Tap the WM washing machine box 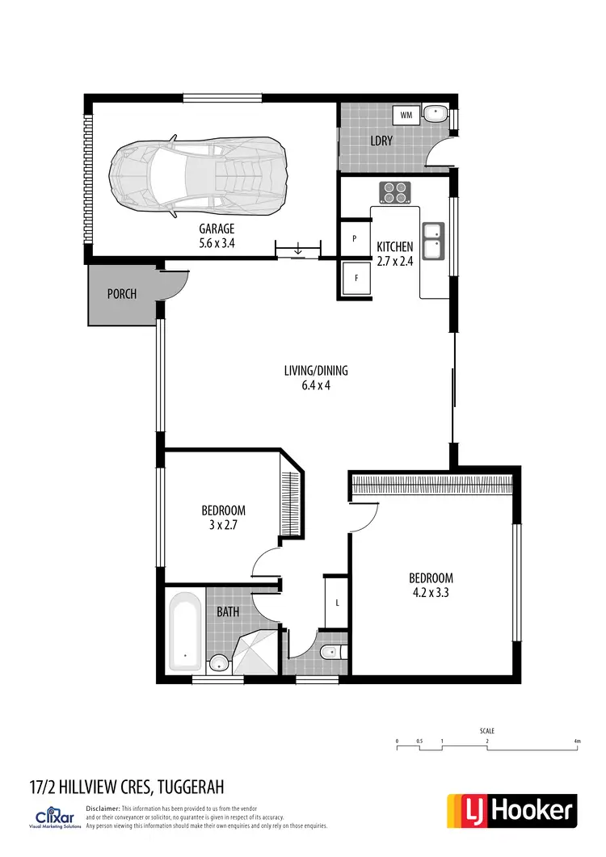point(406,115)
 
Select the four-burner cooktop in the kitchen point(395,191)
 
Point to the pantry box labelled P point(355,239)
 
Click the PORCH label point(122,294)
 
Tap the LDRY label point(381,141)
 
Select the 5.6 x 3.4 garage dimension point(217,242)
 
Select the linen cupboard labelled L point(336,603)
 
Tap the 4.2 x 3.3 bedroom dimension point(431,592)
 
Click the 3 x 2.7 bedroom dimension point(223,524)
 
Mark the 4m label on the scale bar point(577,741)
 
